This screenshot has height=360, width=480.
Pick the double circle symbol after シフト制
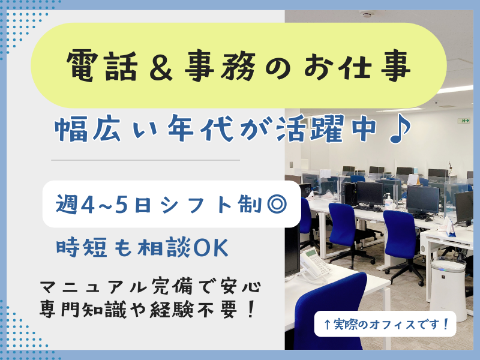[274, 205]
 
